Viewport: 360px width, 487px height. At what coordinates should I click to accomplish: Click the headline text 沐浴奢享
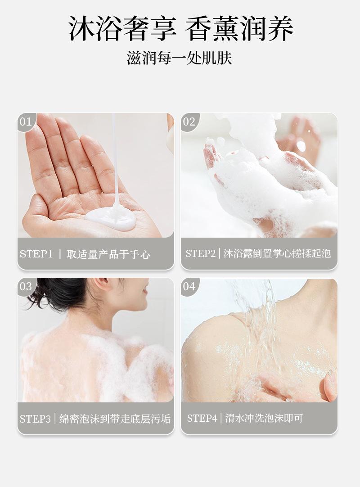coord(122,28)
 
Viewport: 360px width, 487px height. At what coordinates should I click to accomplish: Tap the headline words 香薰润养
coord(239,28)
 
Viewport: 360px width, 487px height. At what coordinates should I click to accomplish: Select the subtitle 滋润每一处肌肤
coord(180,58)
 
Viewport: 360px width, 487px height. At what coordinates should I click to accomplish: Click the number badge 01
coord(26,122)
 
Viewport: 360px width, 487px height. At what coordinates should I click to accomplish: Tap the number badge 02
coord(189,122)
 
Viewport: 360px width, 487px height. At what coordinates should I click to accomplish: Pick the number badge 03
coord(26,286)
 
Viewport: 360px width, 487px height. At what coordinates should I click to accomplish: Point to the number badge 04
coord(189,286)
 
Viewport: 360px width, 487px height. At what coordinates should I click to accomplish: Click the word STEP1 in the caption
coord(36,254)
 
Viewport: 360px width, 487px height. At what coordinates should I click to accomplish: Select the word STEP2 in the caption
coord(200,253)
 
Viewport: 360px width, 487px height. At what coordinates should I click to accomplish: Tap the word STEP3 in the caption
coord(35,419)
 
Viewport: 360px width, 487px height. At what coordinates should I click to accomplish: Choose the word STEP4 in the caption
coord(202,418)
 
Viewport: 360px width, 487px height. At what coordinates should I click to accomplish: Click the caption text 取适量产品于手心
coord(108,254)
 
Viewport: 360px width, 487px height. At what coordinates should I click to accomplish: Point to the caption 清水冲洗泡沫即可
coord(264,418)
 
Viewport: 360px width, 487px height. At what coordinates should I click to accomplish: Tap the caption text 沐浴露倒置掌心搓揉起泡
coord(277,253)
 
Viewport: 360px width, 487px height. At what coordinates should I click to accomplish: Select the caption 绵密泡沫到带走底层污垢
coord(115,419)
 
